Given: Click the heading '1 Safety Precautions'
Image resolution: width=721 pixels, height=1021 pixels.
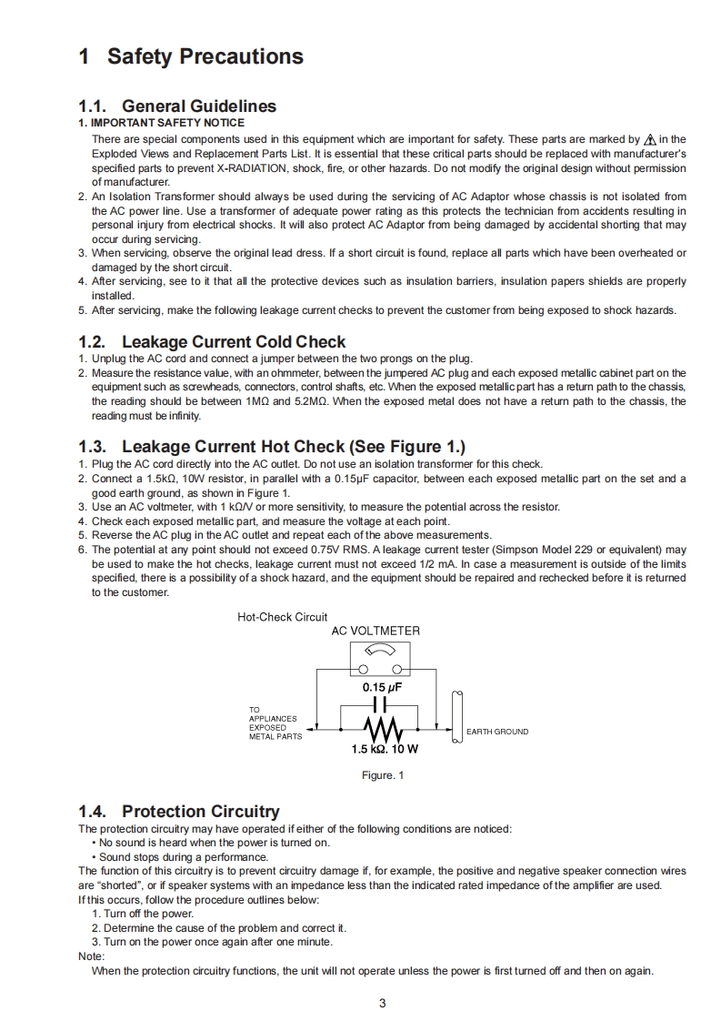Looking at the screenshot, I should [191, 56].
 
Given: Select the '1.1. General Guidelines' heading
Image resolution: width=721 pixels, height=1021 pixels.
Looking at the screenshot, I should [177, 106].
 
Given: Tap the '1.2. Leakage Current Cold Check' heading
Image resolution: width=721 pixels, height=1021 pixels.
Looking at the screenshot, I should [212, 342].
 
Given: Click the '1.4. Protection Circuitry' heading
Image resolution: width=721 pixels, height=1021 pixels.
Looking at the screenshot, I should [179, 811].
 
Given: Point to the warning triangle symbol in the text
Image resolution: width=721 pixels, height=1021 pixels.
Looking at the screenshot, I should [649, 140].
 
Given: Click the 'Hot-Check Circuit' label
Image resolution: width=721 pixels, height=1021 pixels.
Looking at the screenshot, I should [283, 617].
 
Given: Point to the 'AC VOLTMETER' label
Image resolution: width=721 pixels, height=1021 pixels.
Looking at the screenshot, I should [376, 631].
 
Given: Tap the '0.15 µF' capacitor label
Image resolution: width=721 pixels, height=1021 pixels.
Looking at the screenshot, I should [382, 688].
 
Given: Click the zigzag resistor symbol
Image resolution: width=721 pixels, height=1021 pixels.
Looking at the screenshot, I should [382, 730].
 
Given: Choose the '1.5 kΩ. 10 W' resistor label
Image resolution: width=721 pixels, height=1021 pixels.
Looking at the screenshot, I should [385, 750].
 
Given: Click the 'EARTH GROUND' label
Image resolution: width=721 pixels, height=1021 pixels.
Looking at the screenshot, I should [496, 732].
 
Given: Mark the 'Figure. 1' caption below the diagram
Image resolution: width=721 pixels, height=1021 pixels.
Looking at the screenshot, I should [382, 775].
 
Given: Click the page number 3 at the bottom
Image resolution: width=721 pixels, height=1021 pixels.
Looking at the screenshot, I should [382, 1004].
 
